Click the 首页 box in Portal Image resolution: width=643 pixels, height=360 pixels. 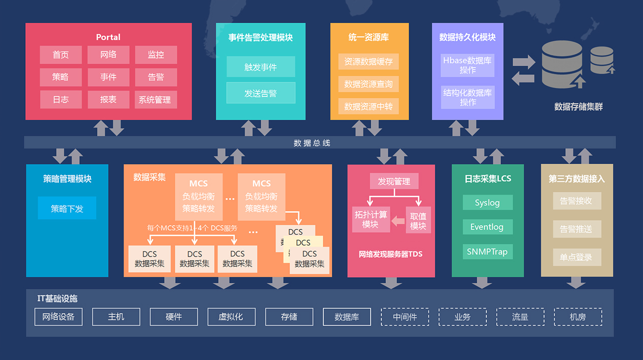pyautogui.click(x=61, y=55)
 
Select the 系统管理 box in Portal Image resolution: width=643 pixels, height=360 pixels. pyautogui.click(x=156, y=99)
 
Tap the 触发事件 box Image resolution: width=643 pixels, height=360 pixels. pyautogui.click(x=261, y=67)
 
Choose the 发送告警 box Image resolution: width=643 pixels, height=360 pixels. pyautogui.click(x=261, y=93)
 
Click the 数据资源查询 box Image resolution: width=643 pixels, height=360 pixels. pyautogui.click(x=368, y=84)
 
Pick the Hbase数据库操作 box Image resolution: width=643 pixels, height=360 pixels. pyautogui.click(x=467, y=65)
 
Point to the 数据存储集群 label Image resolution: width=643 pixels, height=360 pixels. pyautogui.click(x=578, y=107)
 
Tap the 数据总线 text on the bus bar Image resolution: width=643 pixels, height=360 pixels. pyautogui.click(x=312, y=143)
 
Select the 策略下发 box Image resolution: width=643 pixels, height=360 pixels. pyautogui.click(x=67, y=208)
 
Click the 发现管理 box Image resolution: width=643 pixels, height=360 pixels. pyautogui.click(x=394, y=182)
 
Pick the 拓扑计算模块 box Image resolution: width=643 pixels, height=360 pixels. pyautogui.click(x=371, y=220)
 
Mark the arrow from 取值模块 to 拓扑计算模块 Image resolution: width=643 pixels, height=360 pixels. pyautogui.click(x=399, y=220)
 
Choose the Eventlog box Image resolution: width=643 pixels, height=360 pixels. pyautogui.click(x=487, y=227)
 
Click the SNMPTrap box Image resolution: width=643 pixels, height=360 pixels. pyautogui.click(x=487, y=251)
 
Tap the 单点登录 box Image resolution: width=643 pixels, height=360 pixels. pyautogui.click(x=576, y=257)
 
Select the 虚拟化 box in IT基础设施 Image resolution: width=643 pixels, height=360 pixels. pyautogui.click(x=231, y=317)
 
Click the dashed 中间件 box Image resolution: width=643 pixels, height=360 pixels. pyautogui.click(x=405, y=317)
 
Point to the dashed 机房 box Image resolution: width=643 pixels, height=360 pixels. pyautogui.click(x=578, y=317)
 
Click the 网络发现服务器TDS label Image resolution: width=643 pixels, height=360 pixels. pyautogui.click(x=390, y=254)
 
